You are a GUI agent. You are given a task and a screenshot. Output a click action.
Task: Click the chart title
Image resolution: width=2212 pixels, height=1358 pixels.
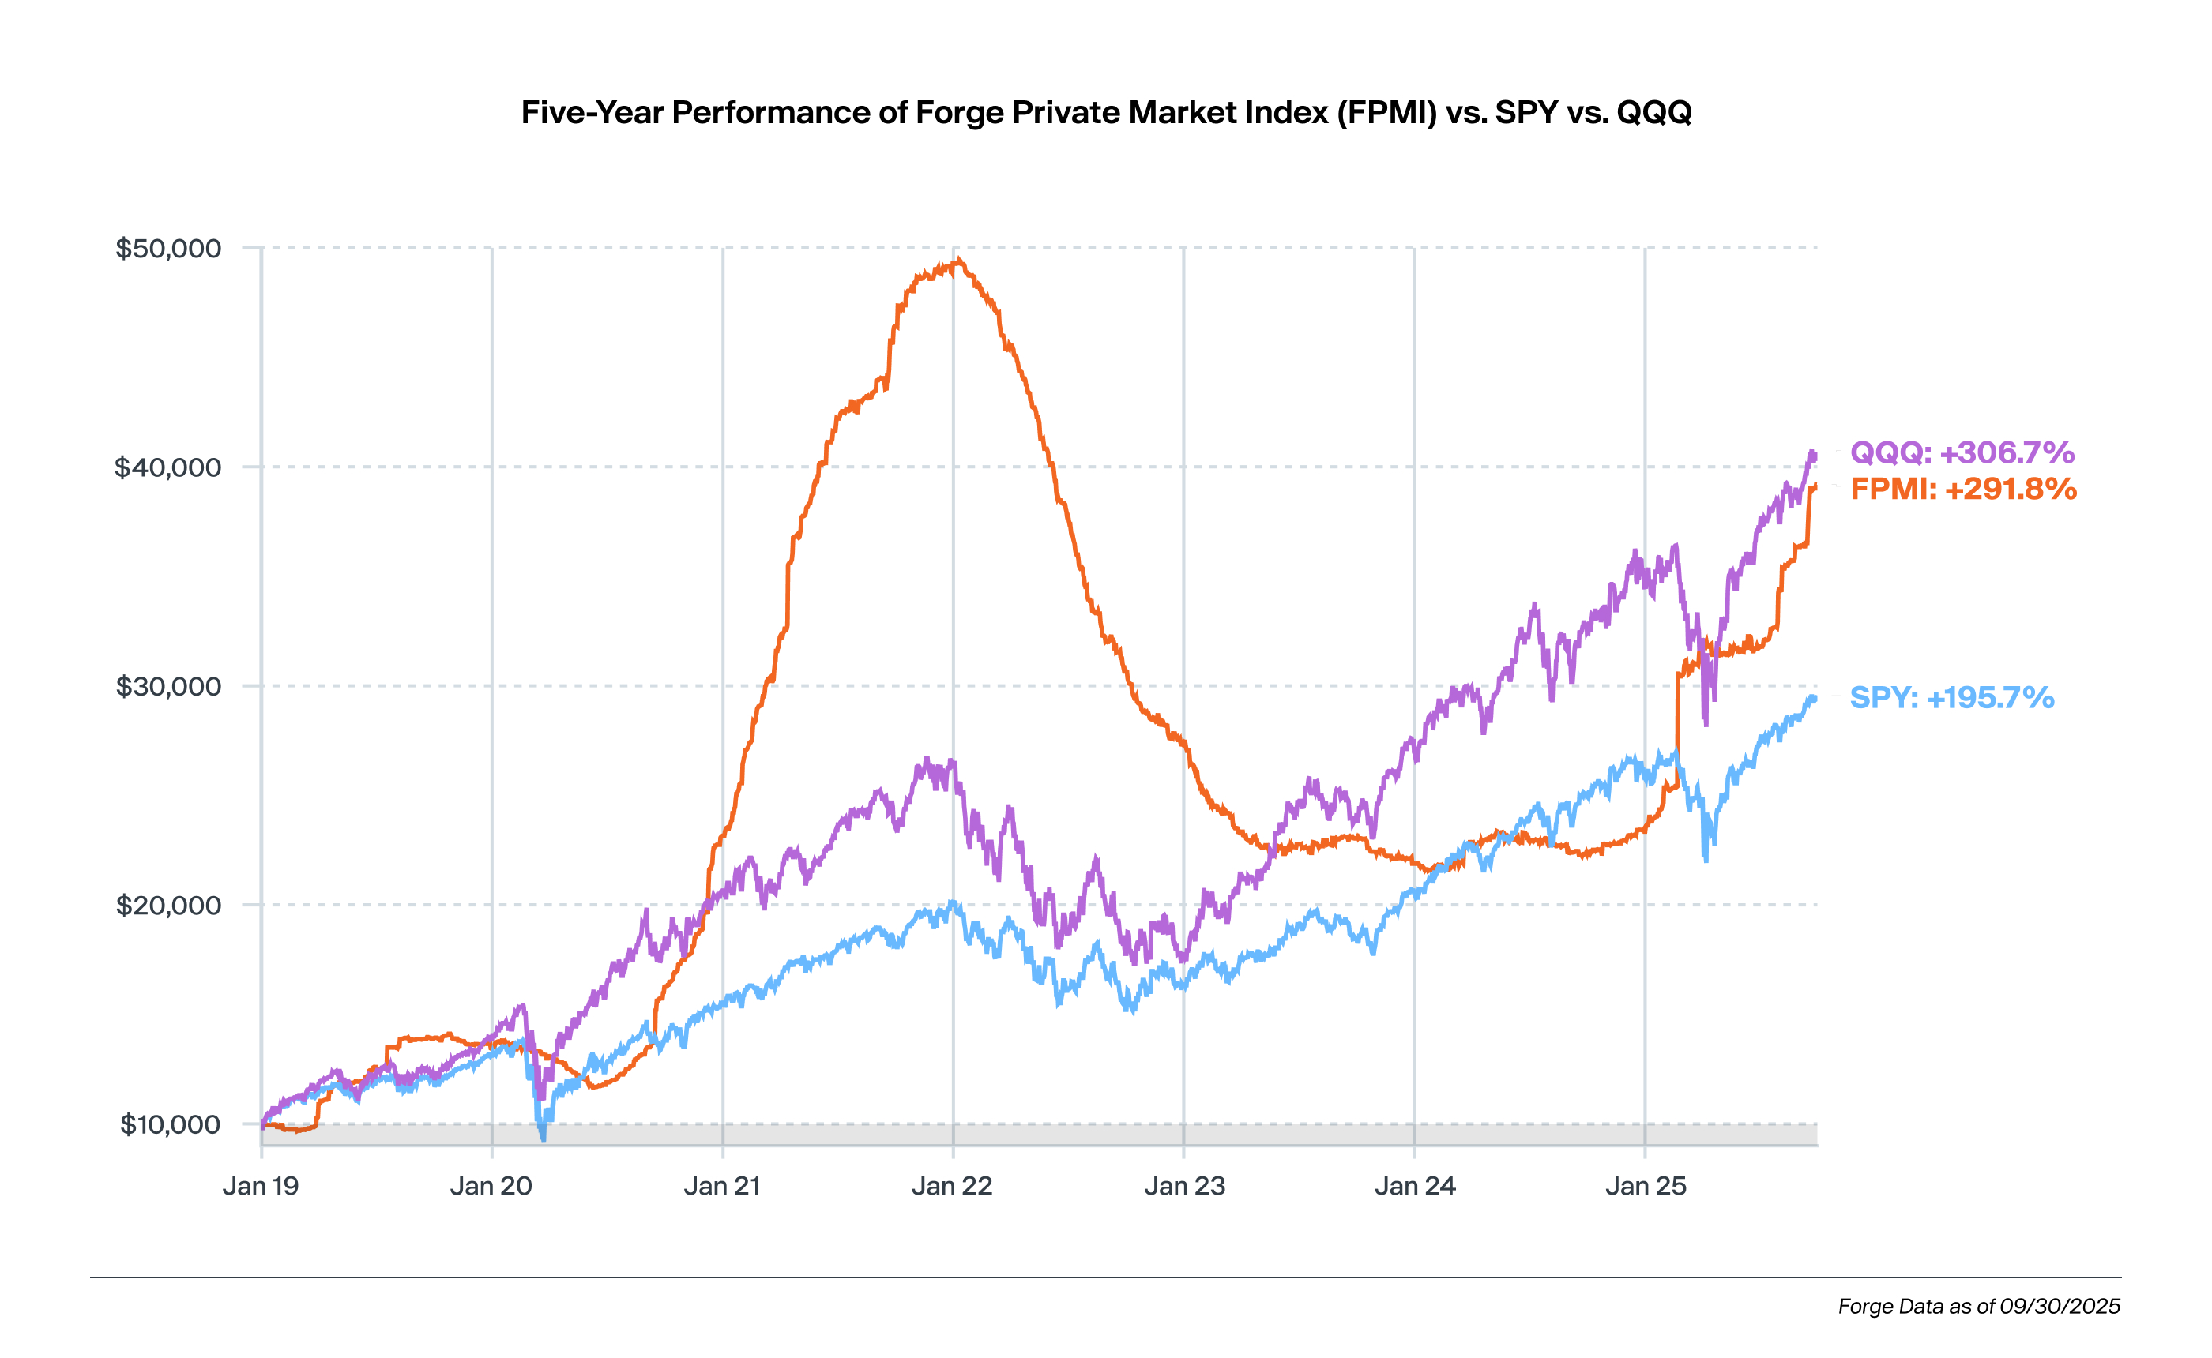pos(1106,112)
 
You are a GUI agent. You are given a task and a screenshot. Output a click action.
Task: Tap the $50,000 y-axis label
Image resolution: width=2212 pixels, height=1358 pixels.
pos(168,248)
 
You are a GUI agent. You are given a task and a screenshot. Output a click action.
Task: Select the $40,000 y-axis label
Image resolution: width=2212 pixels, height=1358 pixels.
pos(168,467)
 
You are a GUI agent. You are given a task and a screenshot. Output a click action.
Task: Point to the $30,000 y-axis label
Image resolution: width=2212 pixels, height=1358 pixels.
pos(168,686)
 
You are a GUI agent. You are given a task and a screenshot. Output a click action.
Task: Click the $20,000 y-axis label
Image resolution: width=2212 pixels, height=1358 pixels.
pos(168,906)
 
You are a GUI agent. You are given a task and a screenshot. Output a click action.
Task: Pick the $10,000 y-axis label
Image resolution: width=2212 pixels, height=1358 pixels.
pos(170,1124)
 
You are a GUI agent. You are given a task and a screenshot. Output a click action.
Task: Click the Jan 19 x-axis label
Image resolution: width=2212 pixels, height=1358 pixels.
pos(261,1187)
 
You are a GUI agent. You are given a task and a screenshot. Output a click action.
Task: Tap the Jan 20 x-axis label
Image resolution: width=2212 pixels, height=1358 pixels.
pos(491,1187)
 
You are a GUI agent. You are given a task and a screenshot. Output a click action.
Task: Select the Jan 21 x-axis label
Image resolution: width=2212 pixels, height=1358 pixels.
pos(722,1187)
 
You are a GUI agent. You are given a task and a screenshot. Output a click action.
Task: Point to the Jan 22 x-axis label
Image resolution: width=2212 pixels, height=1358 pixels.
pos(953,1187)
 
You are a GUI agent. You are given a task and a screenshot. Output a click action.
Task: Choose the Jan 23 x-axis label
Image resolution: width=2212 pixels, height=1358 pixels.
pos(1184,1187)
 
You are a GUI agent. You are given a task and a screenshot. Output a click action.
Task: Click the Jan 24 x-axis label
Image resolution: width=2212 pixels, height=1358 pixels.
pos(1415,1187)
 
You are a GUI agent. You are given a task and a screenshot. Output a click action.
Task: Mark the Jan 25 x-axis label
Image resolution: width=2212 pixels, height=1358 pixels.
pos(1646,1187)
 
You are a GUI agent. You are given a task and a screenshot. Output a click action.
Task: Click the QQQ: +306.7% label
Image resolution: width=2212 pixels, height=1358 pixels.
pos(1962,452)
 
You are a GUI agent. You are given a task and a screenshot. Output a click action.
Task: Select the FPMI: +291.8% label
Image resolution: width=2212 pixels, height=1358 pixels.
pos(1963,489)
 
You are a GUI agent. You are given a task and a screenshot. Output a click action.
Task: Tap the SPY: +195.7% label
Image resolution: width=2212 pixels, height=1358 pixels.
pos(1951,697)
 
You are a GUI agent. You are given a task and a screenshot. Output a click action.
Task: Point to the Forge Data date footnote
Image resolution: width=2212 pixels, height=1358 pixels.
pos(1978,1306)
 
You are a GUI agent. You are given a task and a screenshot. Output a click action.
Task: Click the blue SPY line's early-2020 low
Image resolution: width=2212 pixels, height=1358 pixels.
pos(543,1138)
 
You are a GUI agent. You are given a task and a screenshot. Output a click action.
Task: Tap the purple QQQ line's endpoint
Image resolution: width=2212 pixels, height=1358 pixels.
pos(1813,456)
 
